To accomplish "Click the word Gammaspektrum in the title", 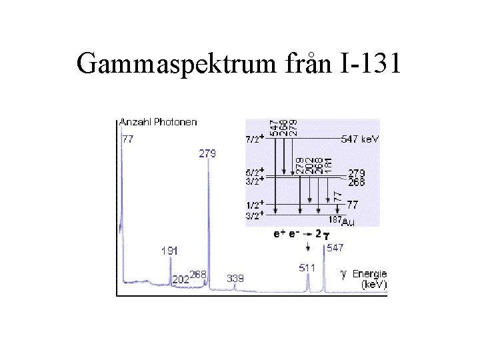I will click(x=173, y=64).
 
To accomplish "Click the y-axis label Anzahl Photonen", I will click(x=158, y=122).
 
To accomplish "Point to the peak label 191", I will click(x=169, y=251).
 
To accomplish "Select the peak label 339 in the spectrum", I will click(x=235, y=278).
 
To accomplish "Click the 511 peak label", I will click(x=307, y=267).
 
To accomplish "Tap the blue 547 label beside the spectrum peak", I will click(x=335, y=247).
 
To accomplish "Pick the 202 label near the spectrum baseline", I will click(x=180, y=280).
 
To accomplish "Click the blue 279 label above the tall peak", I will click(x=207, y=153).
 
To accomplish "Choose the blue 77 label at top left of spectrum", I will click(x=127, y=139).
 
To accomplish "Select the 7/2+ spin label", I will click(x=255, y=139).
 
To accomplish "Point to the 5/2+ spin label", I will click(x=255, y=171).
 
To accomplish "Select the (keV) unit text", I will click(x=373, y=284).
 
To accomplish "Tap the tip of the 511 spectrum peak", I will click(x=308, y=275).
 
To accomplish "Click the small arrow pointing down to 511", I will click(x=308, y=248).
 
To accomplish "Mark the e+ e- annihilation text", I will click(x=287, y=234).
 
